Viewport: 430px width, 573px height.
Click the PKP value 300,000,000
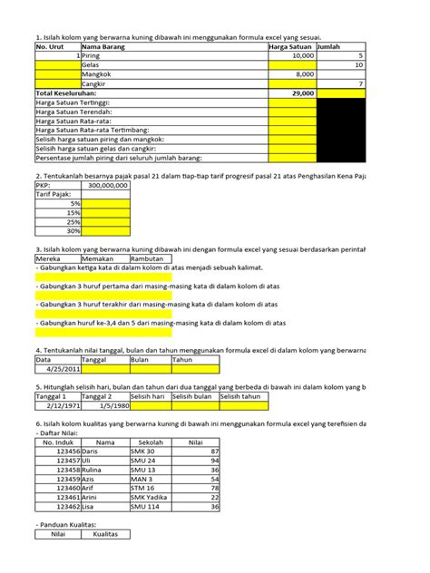tap(107, 185)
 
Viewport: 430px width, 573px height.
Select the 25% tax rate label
tap(73, 221)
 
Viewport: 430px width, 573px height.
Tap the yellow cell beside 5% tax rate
tap(105, 203)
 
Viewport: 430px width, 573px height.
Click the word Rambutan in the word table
tap(145, 257)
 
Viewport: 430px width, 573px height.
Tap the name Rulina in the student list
tap(93, 471)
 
